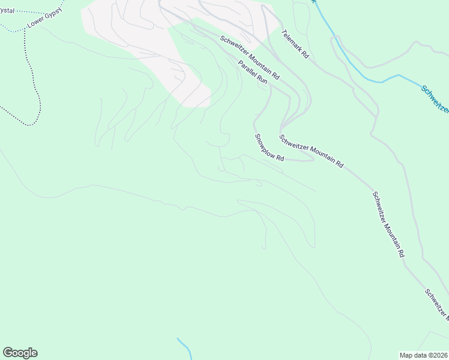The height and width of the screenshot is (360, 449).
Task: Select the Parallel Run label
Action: pos(252,71)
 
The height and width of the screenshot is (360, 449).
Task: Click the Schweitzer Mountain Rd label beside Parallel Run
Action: pos(250,58)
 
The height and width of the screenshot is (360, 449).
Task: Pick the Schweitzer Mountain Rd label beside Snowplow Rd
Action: pos(311,151)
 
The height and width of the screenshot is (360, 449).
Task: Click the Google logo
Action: pos(20,353)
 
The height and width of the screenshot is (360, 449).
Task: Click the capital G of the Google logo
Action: pos(8,353)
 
